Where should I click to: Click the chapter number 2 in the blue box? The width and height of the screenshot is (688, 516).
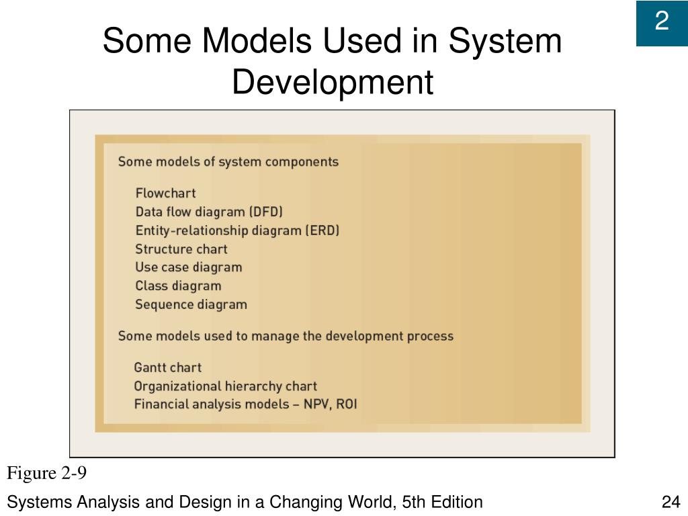click(662, 22)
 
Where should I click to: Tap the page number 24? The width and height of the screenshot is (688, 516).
click(671, 502)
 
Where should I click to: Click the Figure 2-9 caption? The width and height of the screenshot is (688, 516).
click(47, 474)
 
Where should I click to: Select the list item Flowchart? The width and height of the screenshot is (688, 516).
click(165, 193)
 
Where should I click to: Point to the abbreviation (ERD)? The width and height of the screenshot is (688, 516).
click(322, 230)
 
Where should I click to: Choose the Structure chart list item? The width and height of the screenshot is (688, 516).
click(181, 249)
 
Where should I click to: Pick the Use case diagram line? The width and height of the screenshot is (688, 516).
click(188, 267)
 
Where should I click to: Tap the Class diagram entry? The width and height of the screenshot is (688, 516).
click(178, 286)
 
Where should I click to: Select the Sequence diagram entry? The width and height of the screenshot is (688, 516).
click(191, 304)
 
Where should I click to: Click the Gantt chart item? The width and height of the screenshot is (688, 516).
click(167, 368)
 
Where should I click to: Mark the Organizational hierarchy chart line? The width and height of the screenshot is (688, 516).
click(225, 386)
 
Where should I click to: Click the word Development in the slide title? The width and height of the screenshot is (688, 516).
click(333, 83)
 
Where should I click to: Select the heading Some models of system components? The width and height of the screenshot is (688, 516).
click(228, 162)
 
